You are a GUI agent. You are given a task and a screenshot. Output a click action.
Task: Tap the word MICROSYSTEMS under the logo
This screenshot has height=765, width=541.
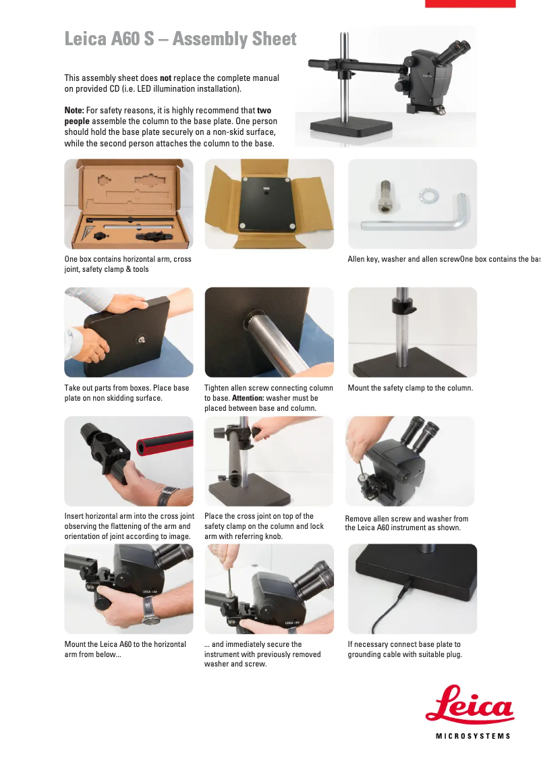point(473,736)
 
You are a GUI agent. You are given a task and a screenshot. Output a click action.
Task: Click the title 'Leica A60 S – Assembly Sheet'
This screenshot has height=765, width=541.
point(181,38)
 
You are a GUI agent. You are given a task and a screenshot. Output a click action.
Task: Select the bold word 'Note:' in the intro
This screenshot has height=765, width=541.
point(74,110)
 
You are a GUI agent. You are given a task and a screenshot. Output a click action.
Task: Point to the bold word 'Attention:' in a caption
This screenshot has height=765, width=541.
point(248,398)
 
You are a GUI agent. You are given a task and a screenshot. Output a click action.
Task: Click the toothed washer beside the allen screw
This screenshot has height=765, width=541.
point(428,196)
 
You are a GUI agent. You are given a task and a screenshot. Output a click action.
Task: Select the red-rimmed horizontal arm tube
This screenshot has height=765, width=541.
point(165,443)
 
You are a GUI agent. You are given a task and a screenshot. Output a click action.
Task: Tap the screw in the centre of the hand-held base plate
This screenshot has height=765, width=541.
point(142,338)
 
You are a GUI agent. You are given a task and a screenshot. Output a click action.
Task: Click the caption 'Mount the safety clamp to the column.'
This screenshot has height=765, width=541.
point(410,388)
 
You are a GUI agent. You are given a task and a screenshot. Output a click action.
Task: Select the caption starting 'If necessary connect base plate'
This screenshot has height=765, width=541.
point(405,650)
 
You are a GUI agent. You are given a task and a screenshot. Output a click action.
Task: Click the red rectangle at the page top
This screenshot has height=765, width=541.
point(470,3)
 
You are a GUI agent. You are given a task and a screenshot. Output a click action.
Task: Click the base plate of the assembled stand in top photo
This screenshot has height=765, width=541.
point(351,128)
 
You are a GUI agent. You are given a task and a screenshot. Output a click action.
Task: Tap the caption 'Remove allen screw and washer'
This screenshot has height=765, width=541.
point(406,523)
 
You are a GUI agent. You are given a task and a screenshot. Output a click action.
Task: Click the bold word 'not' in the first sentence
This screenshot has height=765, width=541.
point(166,78)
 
